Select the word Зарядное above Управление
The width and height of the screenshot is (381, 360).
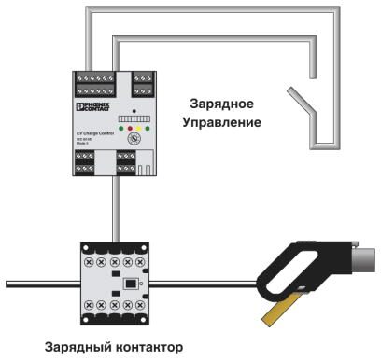(x=221, y=104)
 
